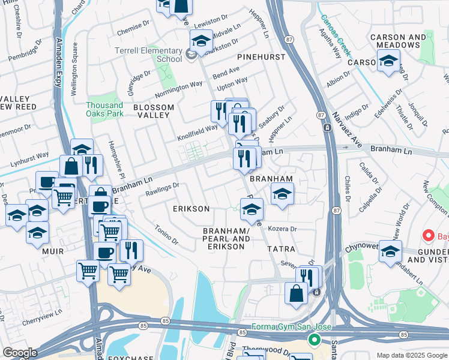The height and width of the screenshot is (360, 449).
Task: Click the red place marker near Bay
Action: click(x=429, y=235)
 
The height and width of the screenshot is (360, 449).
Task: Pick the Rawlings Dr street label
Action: click(x=162, y=189)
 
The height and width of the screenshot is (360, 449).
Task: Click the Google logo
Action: click(x=20, y=353)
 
